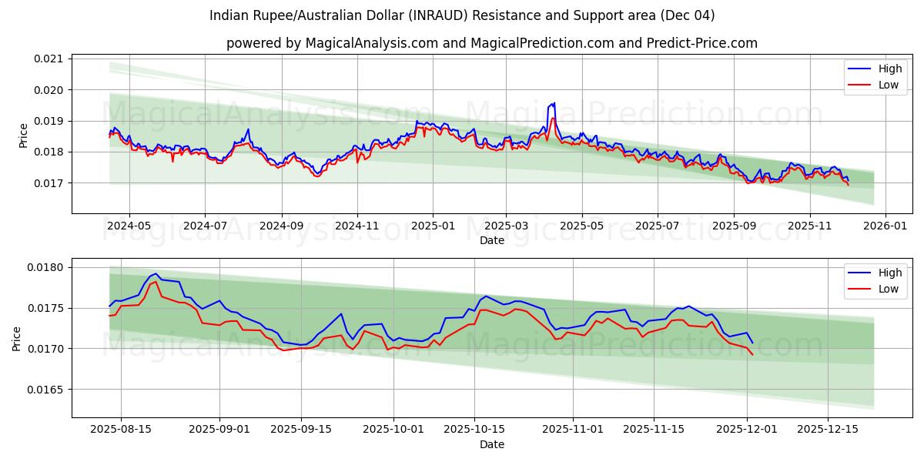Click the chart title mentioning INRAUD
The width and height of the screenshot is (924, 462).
461,15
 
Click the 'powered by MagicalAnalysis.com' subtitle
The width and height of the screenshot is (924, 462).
491,43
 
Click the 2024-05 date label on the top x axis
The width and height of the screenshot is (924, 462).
129,226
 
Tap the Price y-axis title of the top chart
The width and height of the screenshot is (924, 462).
23,135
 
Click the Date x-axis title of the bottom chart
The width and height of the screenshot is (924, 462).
491,444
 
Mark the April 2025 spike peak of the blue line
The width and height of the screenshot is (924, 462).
554,102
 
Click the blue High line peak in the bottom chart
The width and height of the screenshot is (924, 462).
156,273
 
